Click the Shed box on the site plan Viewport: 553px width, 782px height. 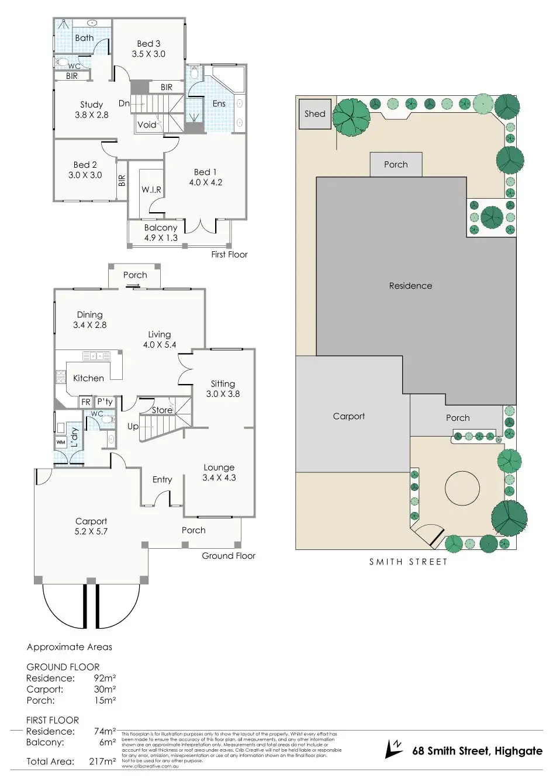[314, 114]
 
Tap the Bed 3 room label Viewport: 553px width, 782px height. [148, 49]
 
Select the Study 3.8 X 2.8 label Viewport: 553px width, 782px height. [92, 110]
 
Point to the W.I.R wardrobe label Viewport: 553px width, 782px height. [151, 190]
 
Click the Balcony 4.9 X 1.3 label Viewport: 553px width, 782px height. [161, 233]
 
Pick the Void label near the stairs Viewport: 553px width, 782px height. [147, 124]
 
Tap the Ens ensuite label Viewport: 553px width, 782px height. [219, 103]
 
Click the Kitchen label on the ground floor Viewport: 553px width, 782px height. [88, 378]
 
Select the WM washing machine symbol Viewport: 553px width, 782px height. [61, 442]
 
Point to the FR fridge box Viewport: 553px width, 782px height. [86, 402]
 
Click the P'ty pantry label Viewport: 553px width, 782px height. [105, 402]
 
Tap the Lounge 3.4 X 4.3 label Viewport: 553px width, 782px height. [219, 472]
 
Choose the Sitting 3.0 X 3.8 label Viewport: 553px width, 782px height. [223, 389]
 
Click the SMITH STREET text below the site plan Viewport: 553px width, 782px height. [408, 562]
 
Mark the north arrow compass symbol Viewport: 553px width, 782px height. [395, 749]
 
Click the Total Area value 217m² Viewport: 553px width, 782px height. [105, 762]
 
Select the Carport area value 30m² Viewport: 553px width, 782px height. [105, 689]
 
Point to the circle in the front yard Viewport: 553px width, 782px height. [462, 490]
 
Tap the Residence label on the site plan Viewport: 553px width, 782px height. [410, 286]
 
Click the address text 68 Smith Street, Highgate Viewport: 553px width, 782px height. [478, 751]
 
